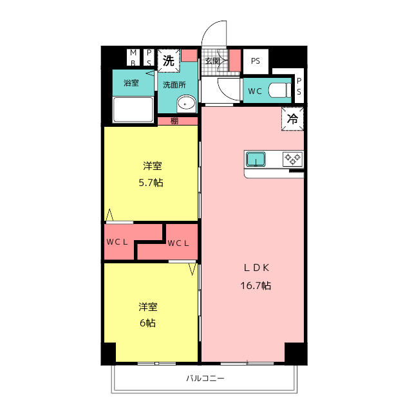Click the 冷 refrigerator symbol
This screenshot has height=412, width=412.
292,119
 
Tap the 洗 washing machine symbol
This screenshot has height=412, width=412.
168,62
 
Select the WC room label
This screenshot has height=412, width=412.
254,91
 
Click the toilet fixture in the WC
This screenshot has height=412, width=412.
279,90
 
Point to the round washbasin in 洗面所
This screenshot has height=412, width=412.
187,103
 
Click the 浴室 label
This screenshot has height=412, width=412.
131,83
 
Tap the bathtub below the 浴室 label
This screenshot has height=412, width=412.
133,109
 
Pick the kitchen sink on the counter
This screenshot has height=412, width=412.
256,158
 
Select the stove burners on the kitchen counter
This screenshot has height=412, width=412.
292,158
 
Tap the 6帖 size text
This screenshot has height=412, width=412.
147,323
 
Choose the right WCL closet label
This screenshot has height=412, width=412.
178,243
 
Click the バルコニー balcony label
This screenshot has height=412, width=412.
205,379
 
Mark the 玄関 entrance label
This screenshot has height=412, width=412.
213,61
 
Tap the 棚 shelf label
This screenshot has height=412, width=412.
174,120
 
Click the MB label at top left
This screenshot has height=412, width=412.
133,57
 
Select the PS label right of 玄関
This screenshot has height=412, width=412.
256,61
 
